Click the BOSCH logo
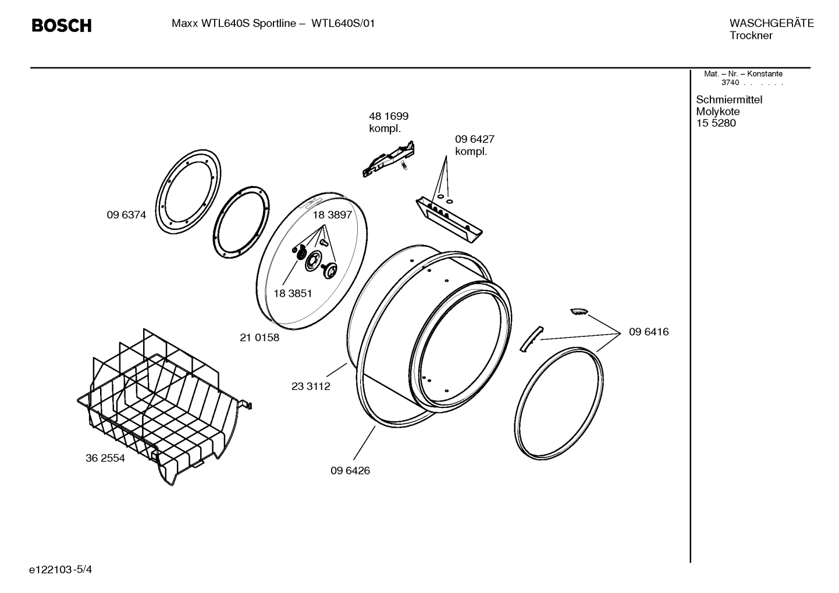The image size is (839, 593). pyautogui.click(x=61, y=26)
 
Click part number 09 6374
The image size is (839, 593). pyautogui.click(x=126, y=215)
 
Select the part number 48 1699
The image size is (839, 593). pyautogui.click(x=389, y=116)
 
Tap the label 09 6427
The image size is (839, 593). pyautogui.click(x=474, y=139)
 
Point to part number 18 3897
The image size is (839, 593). pyautogui.click(x=332, y=215)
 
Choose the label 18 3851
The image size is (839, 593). pyautogui.click(x=293, y=293)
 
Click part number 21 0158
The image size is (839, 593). pyautogui.click(x=259, y=337)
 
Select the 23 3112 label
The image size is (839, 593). pyautogui.click(x=311, y=386)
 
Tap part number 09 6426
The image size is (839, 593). pyautogui.click(x=350, y=470)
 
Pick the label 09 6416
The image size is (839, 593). pyautogui.click(x=649, y=332)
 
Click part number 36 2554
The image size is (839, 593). pyautogui.click(x=105, y=458)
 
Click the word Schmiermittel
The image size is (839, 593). pyautogui.click(x=729, y=100)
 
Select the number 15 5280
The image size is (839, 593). pyautogui.click(x=716, y=123)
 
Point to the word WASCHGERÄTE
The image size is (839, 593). pyautogui.click(x=772, y=23)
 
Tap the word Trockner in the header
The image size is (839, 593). pyautogui.click(x=751, y=35)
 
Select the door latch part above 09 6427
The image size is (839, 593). pyautogui.click(x=389, y=159)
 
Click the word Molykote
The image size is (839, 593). pyautogui.click(x=718, y=111)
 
